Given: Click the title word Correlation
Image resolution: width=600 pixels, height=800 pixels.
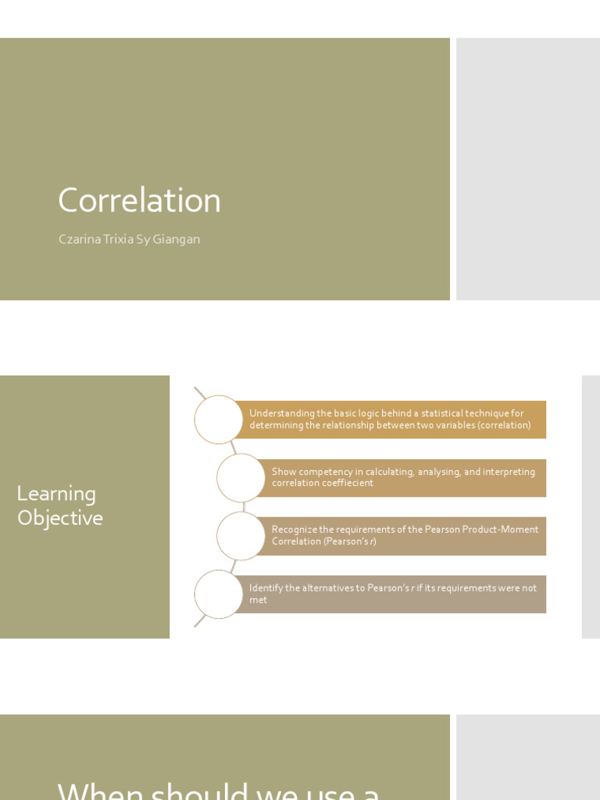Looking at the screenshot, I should [x=139, y=201].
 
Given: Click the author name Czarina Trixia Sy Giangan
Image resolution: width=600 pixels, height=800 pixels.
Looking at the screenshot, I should [x=129, y=239].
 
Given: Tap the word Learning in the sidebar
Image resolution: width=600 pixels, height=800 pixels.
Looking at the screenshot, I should [x=56, y=494].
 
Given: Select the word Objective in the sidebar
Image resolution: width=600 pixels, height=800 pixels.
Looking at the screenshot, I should [x=60, y=518].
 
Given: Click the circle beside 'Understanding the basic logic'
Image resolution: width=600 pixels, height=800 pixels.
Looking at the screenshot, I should [x=219, y=420].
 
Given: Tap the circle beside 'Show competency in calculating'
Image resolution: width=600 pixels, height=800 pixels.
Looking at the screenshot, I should [x=241, y=477].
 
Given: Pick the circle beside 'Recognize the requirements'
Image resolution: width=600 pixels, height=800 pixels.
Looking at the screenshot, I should [x=241, y=536].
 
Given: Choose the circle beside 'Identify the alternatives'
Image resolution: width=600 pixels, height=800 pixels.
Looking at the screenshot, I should [x=219, y=595].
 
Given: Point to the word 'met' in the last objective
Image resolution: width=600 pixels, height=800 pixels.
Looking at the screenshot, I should [x=258, y=600].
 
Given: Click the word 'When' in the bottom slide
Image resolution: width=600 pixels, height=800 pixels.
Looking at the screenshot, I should [x=100, y=791].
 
